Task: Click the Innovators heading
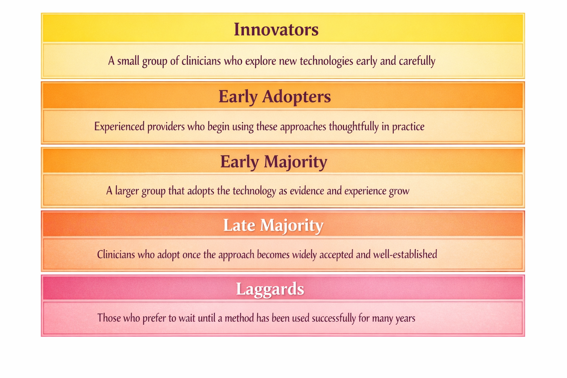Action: pyautogui.click(x=276, y=30)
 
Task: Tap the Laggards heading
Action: pyautogui.click(x=270, y=289)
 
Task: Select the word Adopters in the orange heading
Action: pyautogui.click(x=296, y=97)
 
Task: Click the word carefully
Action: pyautogui.click(x=417, y=61)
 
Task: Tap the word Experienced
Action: pyautogui.click(x=119, y=127)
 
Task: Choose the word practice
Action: pyautogui.click(x=408, y=127)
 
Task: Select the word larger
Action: pyautogui.click(x=127, y=191)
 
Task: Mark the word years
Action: pyautogui.click(x=405, y=318)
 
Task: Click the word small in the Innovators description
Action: pyautogui.click(x=128, y=61)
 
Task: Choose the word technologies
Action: pyautogui.click(x=326, y=61)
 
